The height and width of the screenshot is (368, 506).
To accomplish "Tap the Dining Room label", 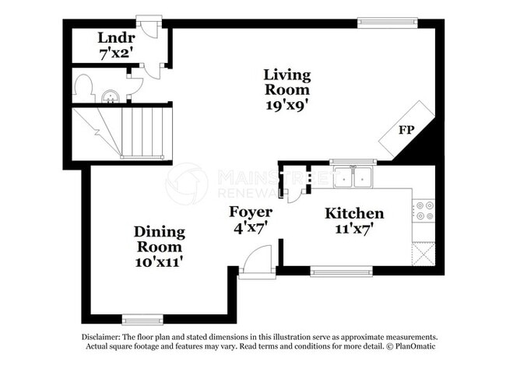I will [x=159, y=239].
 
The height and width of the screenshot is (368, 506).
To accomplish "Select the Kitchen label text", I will [x=354, y=213].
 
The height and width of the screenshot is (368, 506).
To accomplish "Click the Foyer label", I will [x=250, y=212].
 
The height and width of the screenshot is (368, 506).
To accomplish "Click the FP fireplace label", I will [x=406, y=130].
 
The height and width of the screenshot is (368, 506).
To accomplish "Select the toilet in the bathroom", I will [x=83, y=89].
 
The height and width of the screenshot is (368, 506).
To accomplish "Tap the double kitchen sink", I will [x=353, y=178].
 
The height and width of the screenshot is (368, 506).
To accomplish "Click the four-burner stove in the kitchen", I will [x=424, y=210].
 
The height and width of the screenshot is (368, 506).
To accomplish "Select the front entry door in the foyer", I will [x=257, y=261].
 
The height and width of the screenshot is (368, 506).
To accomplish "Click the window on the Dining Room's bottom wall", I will [x=143, y=319].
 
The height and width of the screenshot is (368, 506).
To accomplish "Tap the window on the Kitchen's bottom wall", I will [x=341, y=272].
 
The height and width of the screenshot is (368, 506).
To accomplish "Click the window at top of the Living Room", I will [x=387, y=22].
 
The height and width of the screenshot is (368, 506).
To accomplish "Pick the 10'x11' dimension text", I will [x=159, y=261].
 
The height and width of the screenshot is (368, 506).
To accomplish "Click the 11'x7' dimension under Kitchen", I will [x=354, y=229].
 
